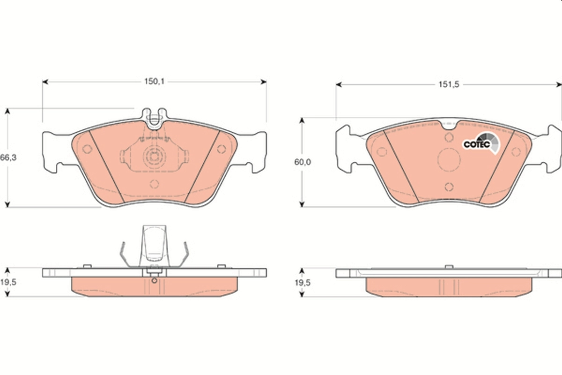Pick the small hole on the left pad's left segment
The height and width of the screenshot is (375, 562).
tap(87, 149)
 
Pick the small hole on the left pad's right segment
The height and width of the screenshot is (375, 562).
tap(222, 149)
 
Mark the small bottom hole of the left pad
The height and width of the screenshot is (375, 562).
tap(154, 184)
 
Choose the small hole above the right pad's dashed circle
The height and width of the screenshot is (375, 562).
tap(449, 137)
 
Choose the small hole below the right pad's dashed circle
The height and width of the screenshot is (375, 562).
tap(449, 187)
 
